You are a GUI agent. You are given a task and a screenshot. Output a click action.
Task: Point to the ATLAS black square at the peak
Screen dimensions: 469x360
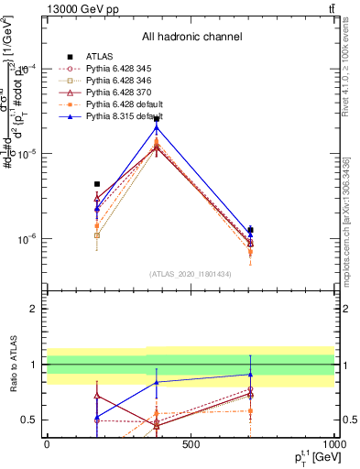[x=157, y=119]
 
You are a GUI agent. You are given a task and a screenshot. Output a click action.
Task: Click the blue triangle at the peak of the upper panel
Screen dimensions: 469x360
[x=157, y=127]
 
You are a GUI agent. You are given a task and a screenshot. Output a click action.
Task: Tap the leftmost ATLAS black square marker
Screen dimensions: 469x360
[x=97, y=184]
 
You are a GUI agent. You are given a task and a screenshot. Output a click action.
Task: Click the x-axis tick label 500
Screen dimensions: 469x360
[x=191, y=445]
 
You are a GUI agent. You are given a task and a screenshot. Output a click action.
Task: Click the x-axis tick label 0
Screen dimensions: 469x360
[x=47, y=445]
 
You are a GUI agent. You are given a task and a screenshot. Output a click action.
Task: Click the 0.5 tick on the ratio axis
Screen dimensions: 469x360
[x=29, y=420]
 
